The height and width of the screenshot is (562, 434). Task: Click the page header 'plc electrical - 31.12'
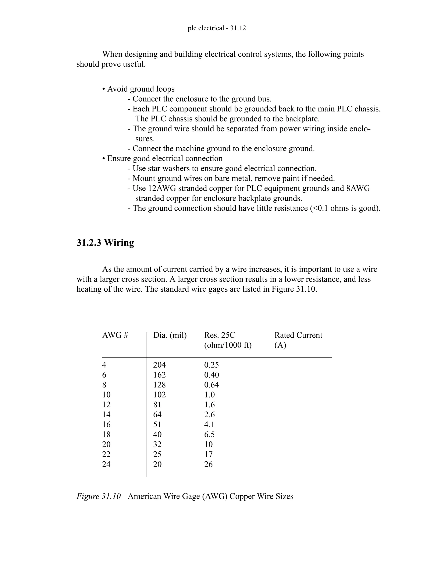(217, 28)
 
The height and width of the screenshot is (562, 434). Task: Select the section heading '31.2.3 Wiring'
(105, 243)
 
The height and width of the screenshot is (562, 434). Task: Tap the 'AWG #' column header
(115, 335)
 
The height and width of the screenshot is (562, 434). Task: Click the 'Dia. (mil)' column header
(170, 335)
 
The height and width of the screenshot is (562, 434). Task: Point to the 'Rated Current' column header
(298, 335)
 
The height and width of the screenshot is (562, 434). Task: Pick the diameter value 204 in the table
(159, 365)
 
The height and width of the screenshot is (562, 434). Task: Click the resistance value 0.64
(211, 385)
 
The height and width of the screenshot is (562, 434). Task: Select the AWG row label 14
(106, 415)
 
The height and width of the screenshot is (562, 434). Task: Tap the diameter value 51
(157, 424)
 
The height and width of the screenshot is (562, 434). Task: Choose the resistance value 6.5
(209, 434)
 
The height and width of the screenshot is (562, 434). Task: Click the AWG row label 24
(106, 464)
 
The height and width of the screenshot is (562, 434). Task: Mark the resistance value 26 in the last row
(208, 464)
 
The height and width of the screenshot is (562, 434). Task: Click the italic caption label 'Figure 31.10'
(99, 496)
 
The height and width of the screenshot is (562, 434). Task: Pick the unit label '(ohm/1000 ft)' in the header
(228, 345)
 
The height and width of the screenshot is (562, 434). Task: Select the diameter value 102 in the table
(159, 395)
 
